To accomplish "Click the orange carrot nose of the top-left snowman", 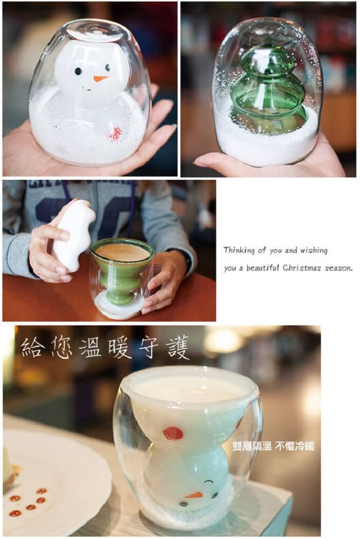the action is click(100, 79).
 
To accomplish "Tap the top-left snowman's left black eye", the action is click(79, 71).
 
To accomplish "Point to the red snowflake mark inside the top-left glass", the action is click(116, 134).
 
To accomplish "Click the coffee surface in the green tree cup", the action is click(122, 252).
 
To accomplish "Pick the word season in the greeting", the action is click(339, 268).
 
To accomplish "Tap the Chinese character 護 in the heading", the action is click(177, 347).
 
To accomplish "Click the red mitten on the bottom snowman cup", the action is click(173, 434).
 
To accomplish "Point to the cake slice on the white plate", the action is click(10, 466).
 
